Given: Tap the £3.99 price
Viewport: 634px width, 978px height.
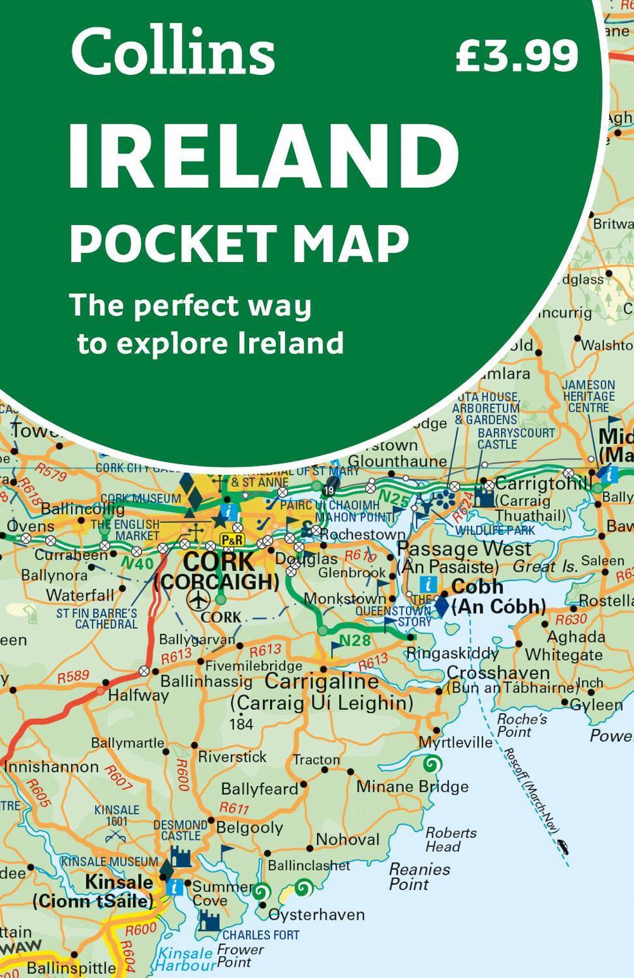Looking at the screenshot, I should pos(517,56).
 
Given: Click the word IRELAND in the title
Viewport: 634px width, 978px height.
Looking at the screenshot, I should pos(264,156).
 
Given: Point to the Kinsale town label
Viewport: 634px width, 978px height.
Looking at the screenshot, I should pos(119,882).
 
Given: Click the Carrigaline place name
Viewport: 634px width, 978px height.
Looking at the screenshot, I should pos(321,681).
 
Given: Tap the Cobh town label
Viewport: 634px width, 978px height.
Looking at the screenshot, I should pos(477,586).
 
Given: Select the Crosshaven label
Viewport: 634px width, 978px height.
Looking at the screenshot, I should pos(498,672).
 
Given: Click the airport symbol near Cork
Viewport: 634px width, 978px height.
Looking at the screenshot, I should pos(199,598).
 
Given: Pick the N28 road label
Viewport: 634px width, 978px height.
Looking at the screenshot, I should pos(354,640).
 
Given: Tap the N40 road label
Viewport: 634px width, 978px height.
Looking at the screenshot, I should pos(137,563).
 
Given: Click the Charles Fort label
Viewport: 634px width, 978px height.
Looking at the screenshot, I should pos(261,935).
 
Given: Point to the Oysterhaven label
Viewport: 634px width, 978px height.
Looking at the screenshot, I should pos(316,915).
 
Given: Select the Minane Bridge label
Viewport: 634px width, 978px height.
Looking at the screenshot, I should pos(412,787).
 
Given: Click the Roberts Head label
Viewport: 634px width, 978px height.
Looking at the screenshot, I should pos(450,839).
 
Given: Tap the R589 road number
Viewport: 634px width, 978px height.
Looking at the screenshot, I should pos(73,676).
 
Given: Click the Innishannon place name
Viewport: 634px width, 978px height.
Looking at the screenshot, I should pos(51,767).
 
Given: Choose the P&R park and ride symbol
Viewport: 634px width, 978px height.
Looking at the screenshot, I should pos(231,539).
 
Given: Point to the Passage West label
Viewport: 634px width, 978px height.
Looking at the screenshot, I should pos(464,549).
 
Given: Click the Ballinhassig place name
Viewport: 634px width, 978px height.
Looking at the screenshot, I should pos(206,681).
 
